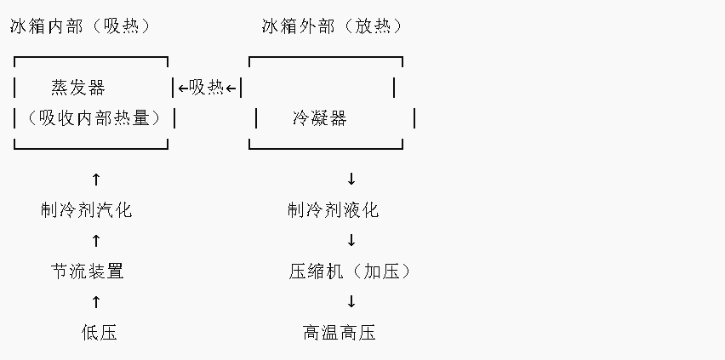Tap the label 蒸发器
pos(78,88)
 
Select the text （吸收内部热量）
pos(94,118)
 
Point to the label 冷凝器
pos(319,118)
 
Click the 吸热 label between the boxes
pos(207,88)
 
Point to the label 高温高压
pos(339,333)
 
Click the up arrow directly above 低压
pos(95,302)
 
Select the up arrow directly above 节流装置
pos(95,241)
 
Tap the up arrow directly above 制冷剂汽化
pos(95,180)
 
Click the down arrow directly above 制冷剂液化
pos(351,180)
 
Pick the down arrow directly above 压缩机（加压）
pos(351,241)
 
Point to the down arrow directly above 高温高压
pos(351,302)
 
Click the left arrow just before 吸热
pos(183,88)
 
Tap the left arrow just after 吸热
pos(231,88)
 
